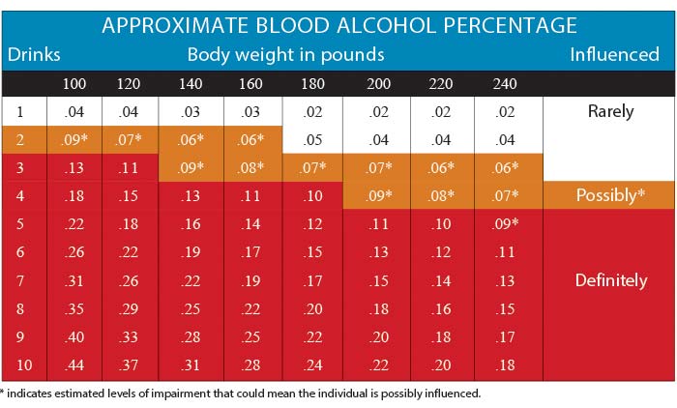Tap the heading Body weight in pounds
tap(285, 54)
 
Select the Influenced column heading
tap(614, 54)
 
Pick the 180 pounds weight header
tap(313, 84)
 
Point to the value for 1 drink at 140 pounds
tap(191, 112)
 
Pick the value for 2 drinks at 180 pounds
tap(313, 140)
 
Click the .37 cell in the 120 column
tap(128, 364)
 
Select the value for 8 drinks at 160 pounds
tap(251, 308)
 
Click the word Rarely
tap(610, 112)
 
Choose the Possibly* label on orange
tap(610, 196)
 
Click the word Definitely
tap(610, 280)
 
